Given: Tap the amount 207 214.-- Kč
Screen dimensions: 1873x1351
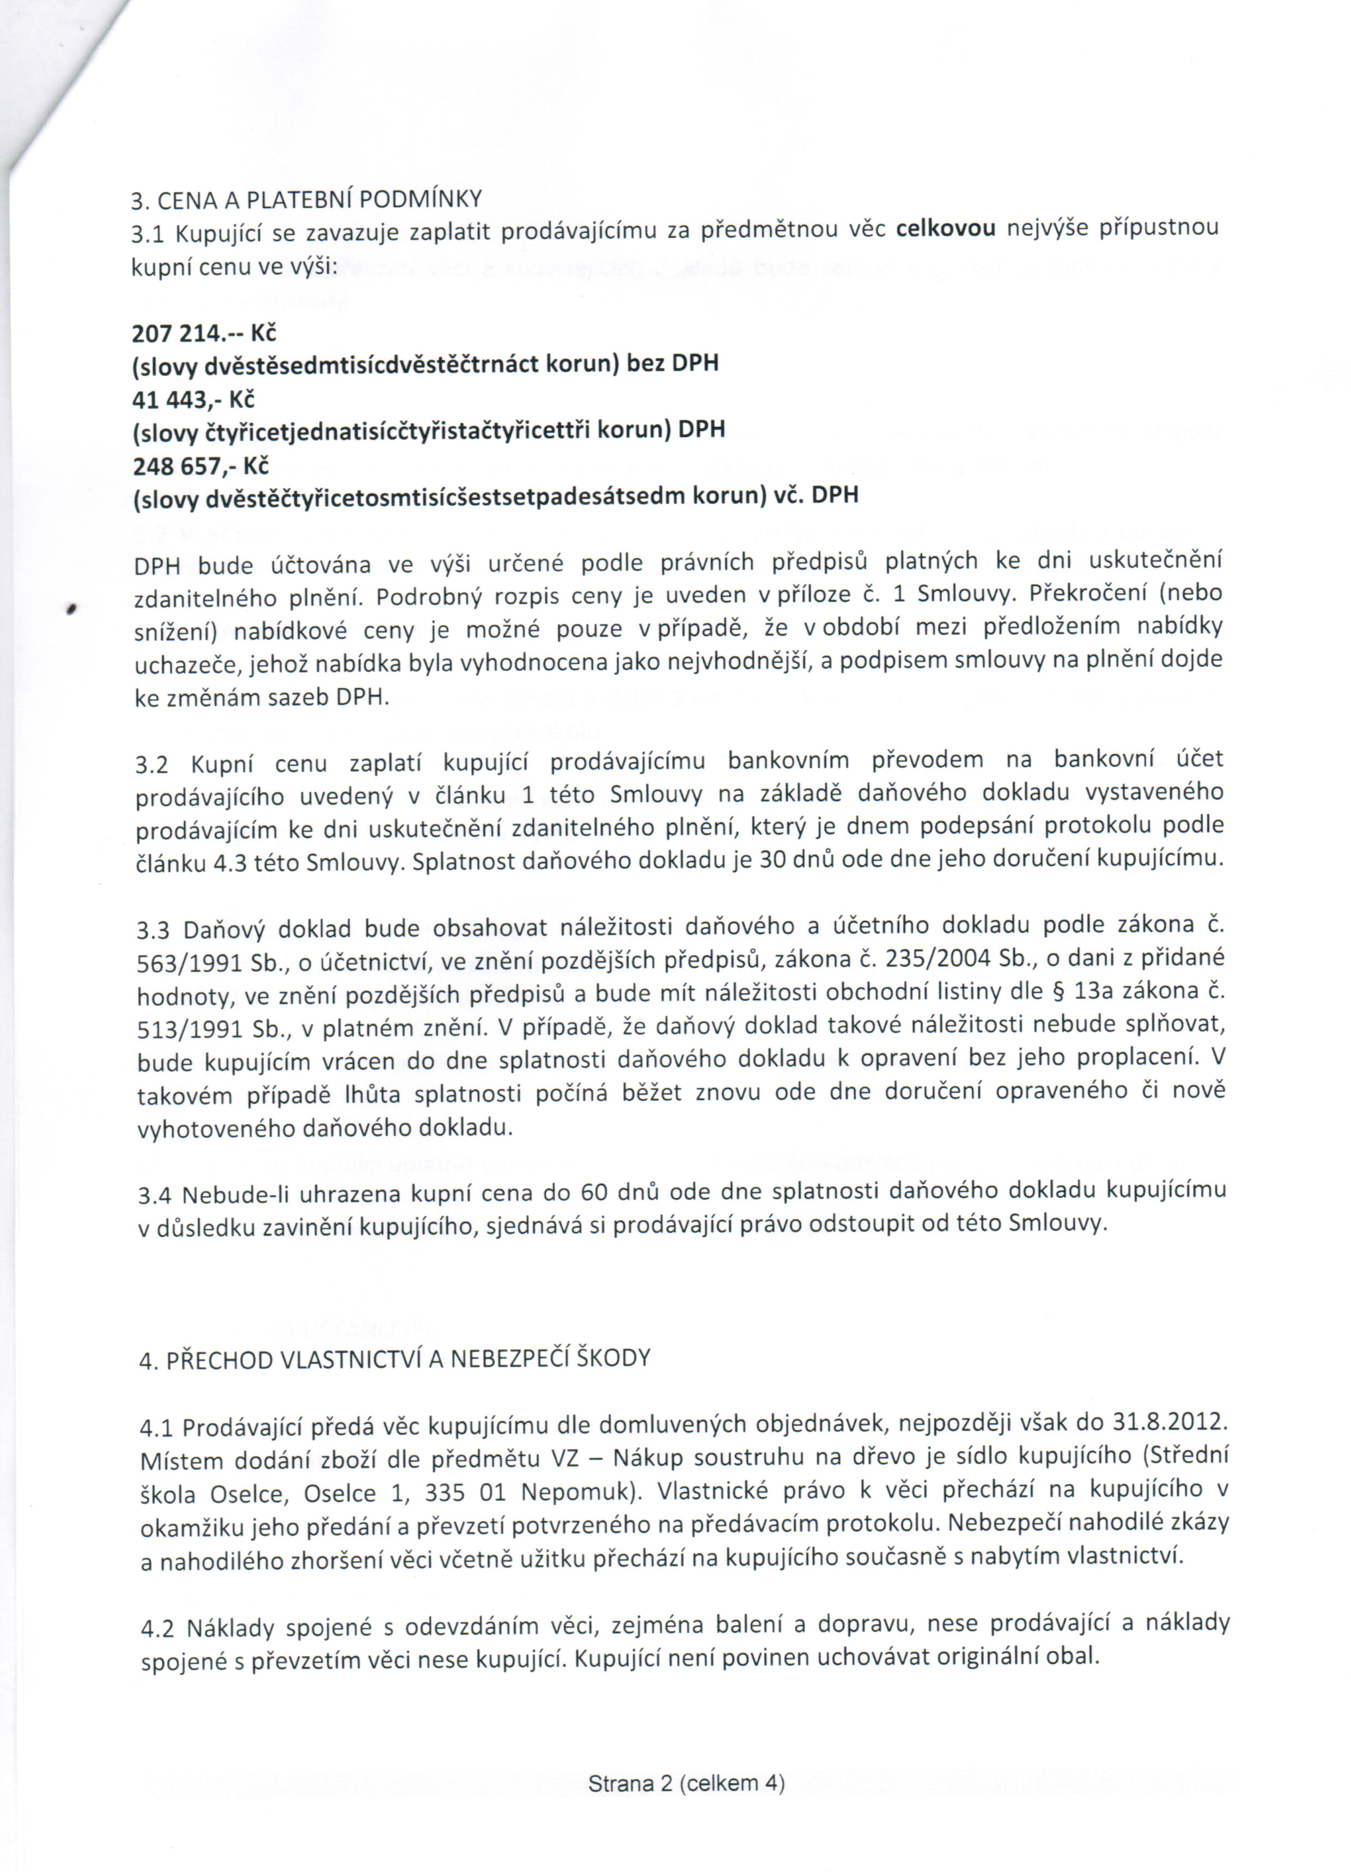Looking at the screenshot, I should [x=204, y=334].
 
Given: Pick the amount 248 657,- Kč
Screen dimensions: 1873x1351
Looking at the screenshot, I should [x=200, y=466].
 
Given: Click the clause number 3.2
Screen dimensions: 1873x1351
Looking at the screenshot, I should [x=152, y=765].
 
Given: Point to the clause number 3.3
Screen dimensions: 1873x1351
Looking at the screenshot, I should [x=153, y=931].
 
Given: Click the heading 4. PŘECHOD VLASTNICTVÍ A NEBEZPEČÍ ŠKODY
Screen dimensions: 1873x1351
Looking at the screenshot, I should [x=395, y=1359].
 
